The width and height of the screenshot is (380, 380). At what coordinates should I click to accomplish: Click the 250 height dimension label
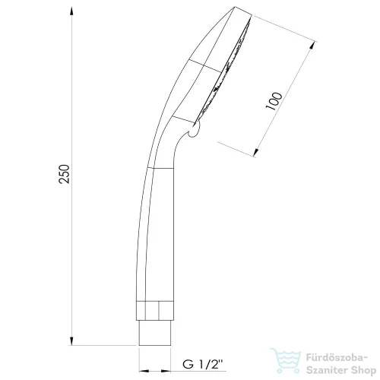[64, 174]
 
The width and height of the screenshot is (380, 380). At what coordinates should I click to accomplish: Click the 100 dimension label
[274, 101]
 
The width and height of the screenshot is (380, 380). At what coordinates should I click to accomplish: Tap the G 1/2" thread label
[202, 365]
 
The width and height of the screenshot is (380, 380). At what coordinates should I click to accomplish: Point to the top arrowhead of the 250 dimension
[72, 12]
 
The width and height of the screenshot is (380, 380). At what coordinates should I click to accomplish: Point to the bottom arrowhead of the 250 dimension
[72, 340]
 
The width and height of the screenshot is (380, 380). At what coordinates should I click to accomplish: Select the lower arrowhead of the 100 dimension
[256, 151]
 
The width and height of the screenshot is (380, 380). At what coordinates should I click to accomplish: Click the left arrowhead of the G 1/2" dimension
[144, 371]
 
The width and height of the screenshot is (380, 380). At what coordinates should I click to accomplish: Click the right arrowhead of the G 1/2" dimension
[166, 371]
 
